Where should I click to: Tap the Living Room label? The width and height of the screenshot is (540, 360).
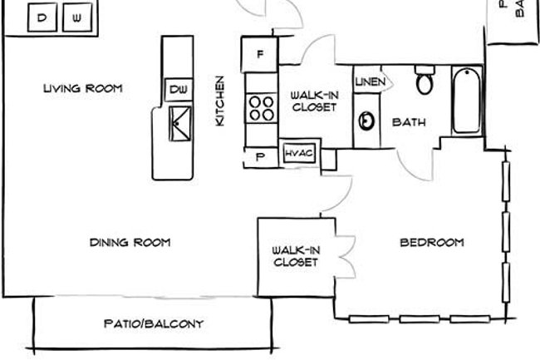pyautogui.click(x=83, y=88)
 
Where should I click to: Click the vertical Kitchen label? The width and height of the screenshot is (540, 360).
pyautogui.click(x=220, y=101)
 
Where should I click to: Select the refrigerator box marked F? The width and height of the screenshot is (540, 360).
pyautogui.click(x=259, y=55)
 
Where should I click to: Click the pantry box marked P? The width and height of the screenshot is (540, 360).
pyautogui.click(x=260, y=155)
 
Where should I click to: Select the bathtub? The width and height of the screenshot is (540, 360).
pyautogui.click(x=466, y=101)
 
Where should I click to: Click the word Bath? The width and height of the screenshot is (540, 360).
pyautogui.click(x=409, y=122)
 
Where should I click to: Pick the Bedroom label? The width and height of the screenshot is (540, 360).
pyautogui.click(x=432, y=243)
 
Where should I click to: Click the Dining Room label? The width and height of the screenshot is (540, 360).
pyautogui.click(x=130, y=243)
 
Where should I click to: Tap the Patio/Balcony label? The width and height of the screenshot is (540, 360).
pyautogui.click(x=154, y=324)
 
